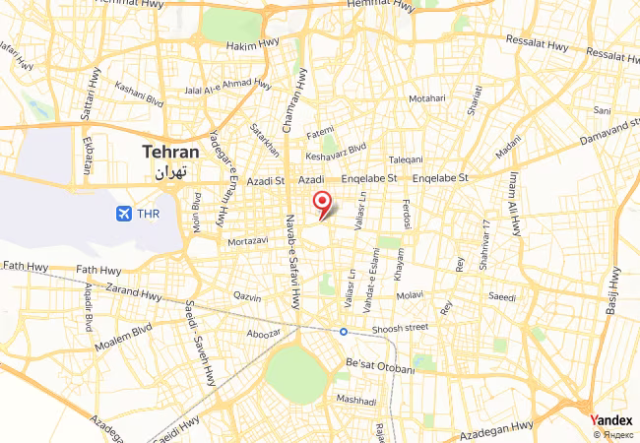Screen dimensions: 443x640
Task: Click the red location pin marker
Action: pyautogui.click(x=321, y=204)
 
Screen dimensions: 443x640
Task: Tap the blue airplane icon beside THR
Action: pyautogui.click(x=124, y=213)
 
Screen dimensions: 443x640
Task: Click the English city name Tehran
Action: pyautogui.click(x=170, y=153)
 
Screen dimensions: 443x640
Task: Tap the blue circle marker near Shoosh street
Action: pyautogui.click(x=344, y=332)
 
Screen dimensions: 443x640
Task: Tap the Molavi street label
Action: pyautogui.click(x=408, y=294)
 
